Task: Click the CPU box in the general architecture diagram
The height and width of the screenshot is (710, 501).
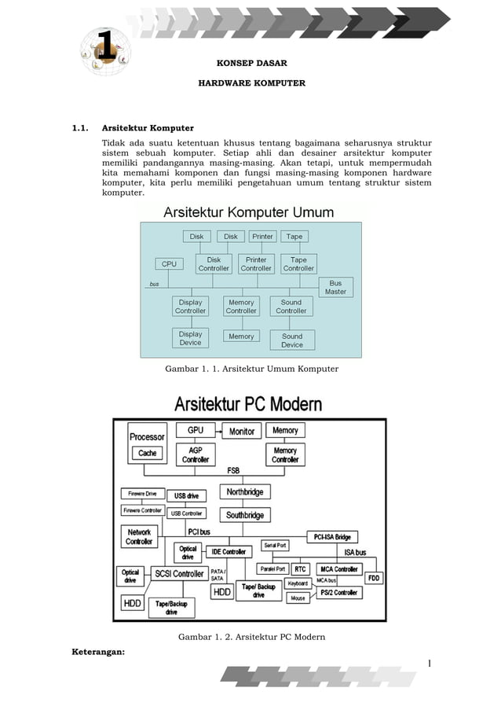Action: click(169, 264)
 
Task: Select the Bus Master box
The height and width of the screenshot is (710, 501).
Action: click(335, 287)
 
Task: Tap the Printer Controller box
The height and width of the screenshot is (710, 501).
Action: click(256, 263)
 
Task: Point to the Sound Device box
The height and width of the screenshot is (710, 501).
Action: click(291, 340)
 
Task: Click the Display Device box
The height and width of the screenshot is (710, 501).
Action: click(190, 338)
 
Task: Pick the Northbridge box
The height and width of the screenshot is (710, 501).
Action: click(245, 492)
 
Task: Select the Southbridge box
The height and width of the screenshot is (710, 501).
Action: click(245, 515)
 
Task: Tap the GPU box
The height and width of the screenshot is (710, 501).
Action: click(196, 430)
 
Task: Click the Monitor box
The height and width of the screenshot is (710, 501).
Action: click(242, 431)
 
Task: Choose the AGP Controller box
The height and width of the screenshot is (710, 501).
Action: click(196, 454)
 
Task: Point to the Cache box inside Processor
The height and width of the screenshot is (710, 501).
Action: click(148, 453)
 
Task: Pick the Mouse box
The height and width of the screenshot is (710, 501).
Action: click(298, 598)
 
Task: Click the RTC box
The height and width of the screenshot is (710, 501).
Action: click(300, 568)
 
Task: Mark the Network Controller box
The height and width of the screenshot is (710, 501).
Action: click(139, 537)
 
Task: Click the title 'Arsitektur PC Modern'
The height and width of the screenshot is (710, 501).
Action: click(247, 405)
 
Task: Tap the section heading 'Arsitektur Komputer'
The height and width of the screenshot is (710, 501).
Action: click(148, 127)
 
